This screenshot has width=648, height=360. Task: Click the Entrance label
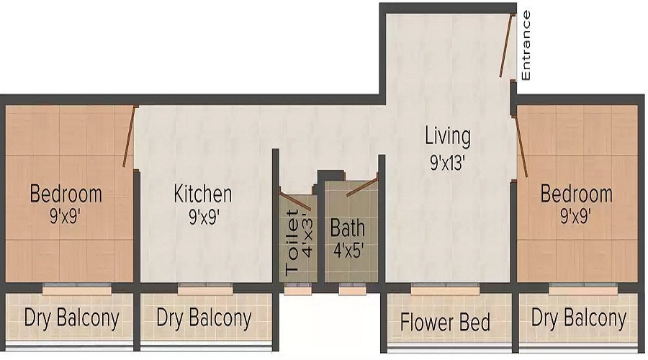[x=526, y=45]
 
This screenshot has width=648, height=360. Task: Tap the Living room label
[x=448, y=136]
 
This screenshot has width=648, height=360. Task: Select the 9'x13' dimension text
[x=448, y=163]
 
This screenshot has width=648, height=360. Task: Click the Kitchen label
[x=203, y=194]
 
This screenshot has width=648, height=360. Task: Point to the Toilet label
[x=292, y=242]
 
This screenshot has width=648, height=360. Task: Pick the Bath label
[x=348, y=228]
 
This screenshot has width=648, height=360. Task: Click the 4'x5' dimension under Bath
[x=348, y=251]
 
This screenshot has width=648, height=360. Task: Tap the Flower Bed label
[x=445, y=323]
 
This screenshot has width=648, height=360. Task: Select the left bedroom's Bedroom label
[x=66, y=194]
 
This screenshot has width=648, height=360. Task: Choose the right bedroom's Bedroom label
[x=577, y=194]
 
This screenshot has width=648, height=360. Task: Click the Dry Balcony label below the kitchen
[x=204, y=318]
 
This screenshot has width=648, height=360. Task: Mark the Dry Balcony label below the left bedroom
[x=71, y=318]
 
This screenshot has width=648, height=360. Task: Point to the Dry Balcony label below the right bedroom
[x=579, y=318]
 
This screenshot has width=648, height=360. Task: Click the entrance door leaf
[x=507, y=45]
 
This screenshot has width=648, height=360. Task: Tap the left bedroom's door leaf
[x=129, y=137]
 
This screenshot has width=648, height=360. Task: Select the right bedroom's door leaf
[x=521, y=147]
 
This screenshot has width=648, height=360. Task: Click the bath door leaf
[x=362, y=185]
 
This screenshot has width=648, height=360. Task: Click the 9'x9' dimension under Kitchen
[x=204, y=217]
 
